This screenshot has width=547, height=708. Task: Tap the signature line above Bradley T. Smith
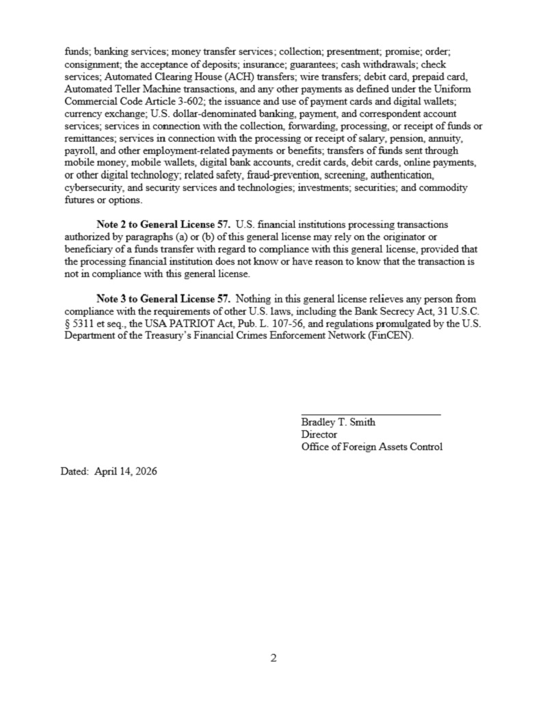pyautogui.click(x=371, y=414)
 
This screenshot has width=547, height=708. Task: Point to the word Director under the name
pyautogui.click(x=319, y=434)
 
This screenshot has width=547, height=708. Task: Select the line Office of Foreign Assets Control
pyautogui.click(x=371, y=447)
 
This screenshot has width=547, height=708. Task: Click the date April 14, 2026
pyautogui.click(x=129, y=471)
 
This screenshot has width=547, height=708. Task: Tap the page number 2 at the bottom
pyautogui.click(x=273, y=659)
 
